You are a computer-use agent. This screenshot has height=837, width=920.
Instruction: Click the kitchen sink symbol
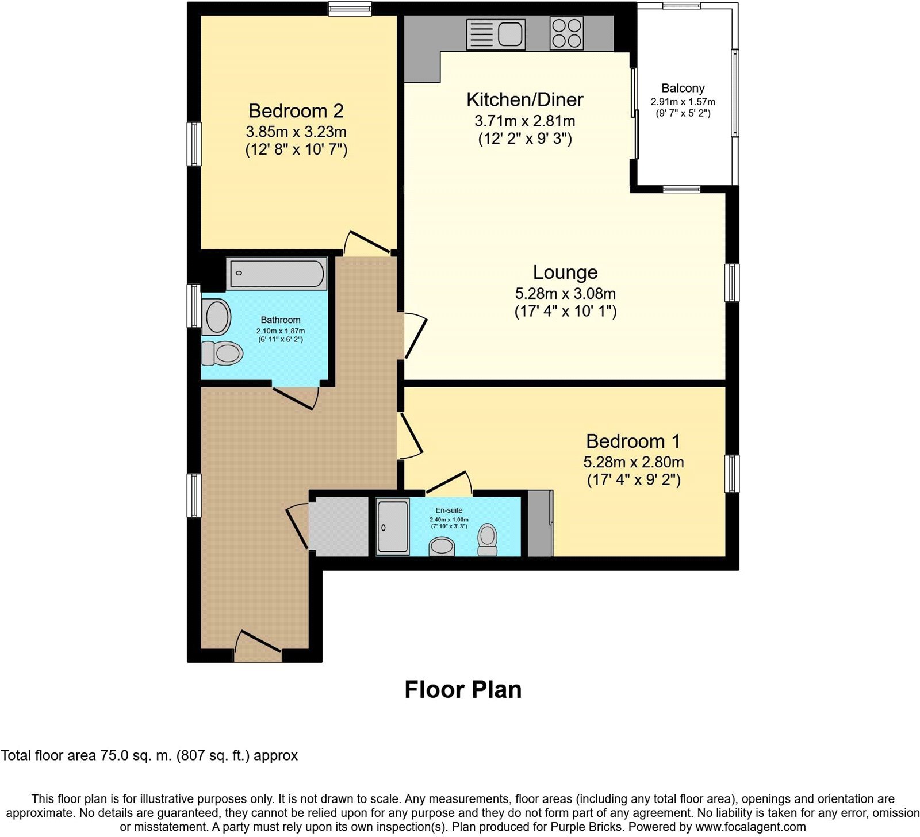coord(496,33)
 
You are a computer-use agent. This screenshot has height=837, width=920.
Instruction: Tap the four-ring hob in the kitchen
coord(566,33)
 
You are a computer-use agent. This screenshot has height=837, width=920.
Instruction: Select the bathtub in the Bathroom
coord(277,273)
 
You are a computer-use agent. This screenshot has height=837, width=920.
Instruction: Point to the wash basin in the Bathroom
coord(217,317)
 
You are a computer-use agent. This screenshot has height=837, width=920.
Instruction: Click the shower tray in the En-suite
coord(393,527)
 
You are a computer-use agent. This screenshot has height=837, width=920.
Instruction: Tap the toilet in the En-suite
coord(488,539)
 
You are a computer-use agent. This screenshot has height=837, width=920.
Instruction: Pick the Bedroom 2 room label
coord(296,110)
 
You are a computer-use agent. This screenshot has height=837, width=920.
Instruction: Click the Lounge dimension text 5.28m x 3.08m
coord(565,294)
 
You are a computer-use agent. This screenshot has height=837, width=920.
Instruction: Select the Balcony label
coord(683,88)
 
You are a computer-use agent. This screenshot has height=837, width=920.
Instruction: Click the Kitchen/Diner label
coord(524,99)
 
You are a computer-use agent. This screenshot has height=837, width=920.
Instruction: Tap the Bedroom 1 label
coord(632,441)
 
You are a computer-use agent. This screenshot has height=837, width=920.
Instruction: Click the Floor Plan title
coord(463,689)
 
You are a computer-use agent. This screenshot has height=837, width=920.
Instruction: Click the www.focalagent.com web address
coord(750,827)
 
